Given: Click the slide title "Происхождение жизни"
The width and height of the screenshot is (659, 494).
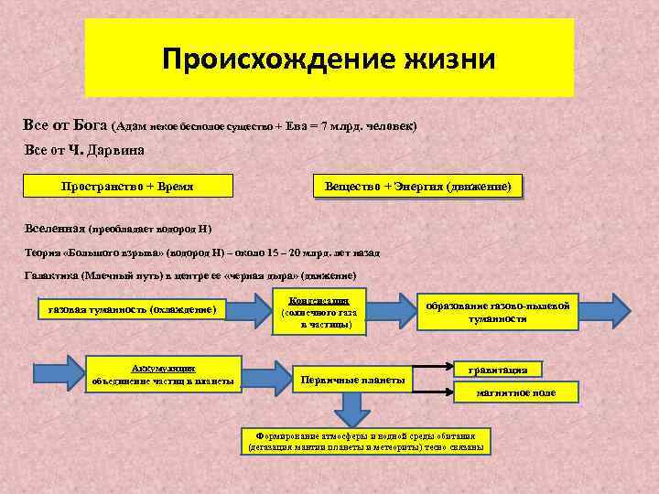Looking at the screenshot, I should tap(329, 59).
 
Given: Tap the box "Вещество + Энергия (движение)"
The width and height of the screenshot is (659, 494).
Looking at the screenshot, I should tap(417, 187).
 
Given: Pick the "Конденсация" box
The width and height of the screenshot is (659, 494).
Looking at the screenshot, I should tap(318, 312).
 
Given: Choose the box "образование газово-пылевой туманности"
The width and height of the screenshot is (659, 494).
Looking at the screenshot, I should tap(497, 312).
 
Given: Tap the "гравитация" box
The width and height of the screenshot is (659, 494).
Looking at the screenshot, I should tap(497, 369).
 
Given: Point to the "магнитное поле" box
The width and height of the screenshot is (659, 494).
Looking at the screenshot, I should tap(516, 392).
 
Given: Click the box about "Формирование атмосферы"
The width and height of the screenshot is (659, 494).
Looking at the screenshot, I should tap(364, 441).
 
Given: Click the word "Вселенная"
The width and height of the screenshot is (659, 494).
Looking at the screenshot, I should tap(54, 227).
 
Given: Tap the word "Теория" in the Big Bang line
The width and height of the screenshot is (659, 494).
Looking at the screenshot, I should tap(40, 252).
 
